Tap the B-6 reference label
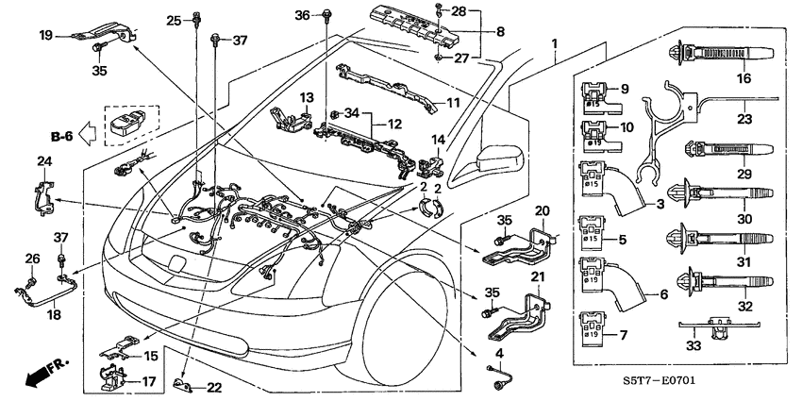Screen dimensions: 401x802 pos(62,136)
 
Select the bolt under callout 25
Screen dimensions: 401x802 pos(198,17)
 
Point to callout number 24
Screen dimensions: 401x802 pos(43,161)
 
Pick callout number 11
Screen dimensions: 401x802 pos(452,102)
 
